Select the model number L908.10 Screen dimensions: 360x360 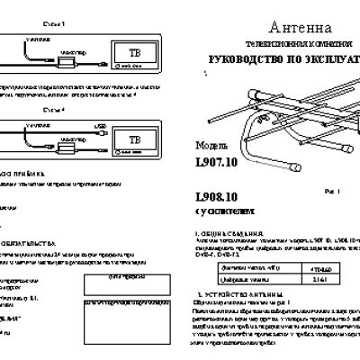point(217,197)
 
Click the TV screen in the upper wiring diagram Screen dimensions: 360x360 point(134,50)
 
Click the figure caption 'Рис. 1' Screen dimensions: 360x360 point(332,191)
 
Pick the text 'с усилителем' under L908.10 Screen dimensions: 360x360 point(220,213)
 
